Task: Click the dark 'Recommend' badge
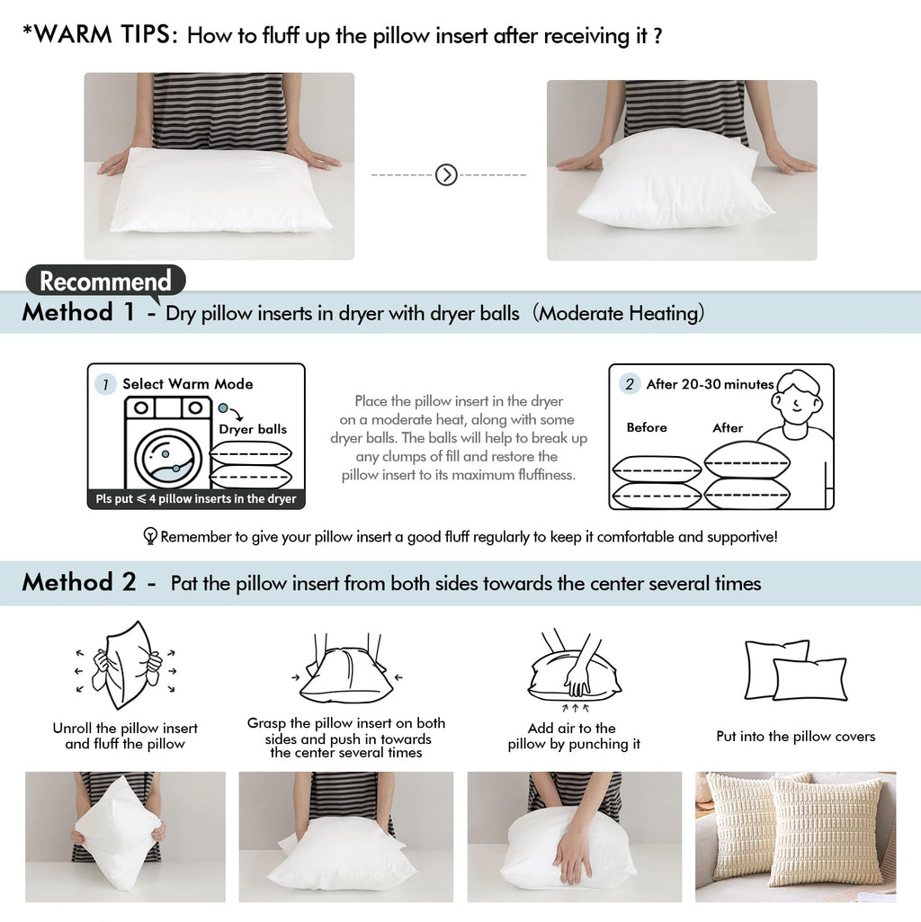105,282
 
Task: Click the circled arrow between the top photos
446,175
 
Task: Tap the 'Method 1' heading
78,313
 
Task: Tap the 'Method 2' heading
78,583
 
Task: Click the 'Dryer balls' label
253,429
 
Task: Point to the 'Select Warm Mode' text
188,384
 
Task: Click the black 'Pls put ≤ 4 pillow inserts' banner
196,499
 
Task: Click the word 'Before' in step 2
647,427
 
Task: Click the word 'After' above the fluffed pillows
728,427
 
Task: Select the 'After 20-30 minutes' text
710,384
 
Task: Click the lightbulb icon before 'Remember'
150,537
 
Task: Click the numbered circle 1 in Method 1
105,384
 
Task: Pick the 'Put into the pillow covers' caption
795,736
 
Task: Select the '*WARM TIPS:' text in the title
101,36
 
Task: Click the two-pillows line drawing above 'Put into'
795,670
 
